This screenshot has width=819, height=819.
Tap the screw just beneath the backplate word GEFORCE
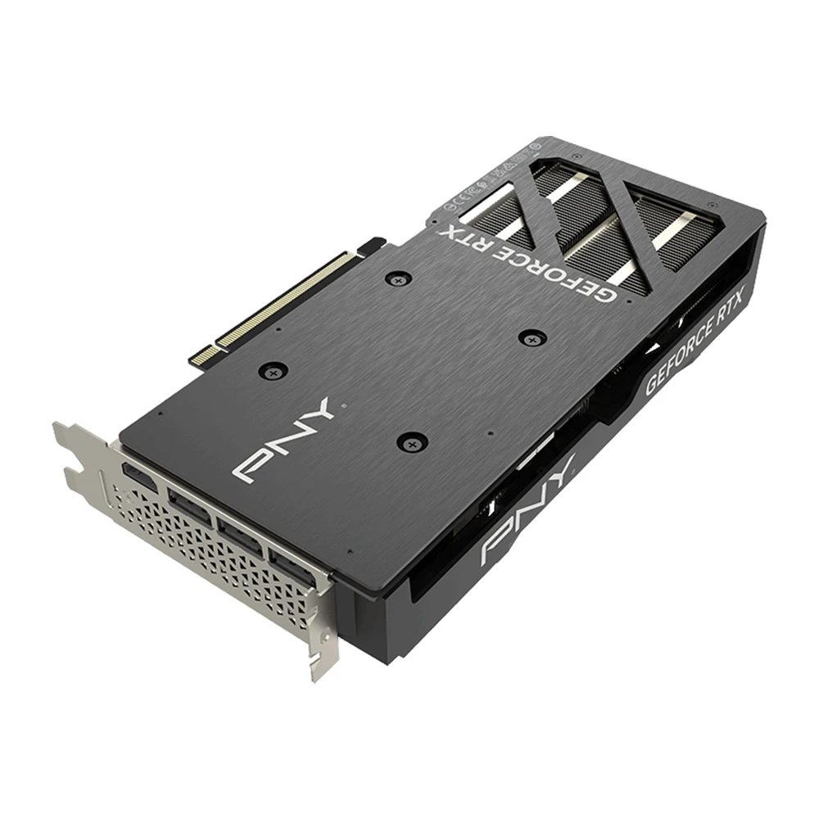tap(533, 336)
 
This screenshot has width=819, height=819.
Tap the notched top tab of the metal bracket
tap(78, 446)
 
